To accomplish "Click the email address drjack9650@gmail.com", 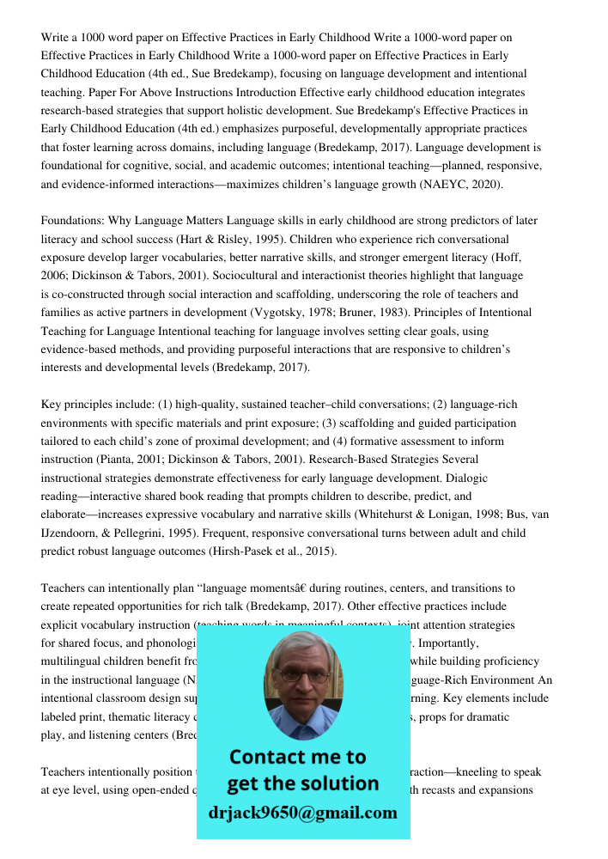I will point(303,812).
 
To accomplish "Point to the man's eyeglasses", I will point(302,672).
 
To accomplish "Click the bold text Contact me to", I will point(298,757).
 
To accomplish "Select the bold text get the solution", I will point(302,783).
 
